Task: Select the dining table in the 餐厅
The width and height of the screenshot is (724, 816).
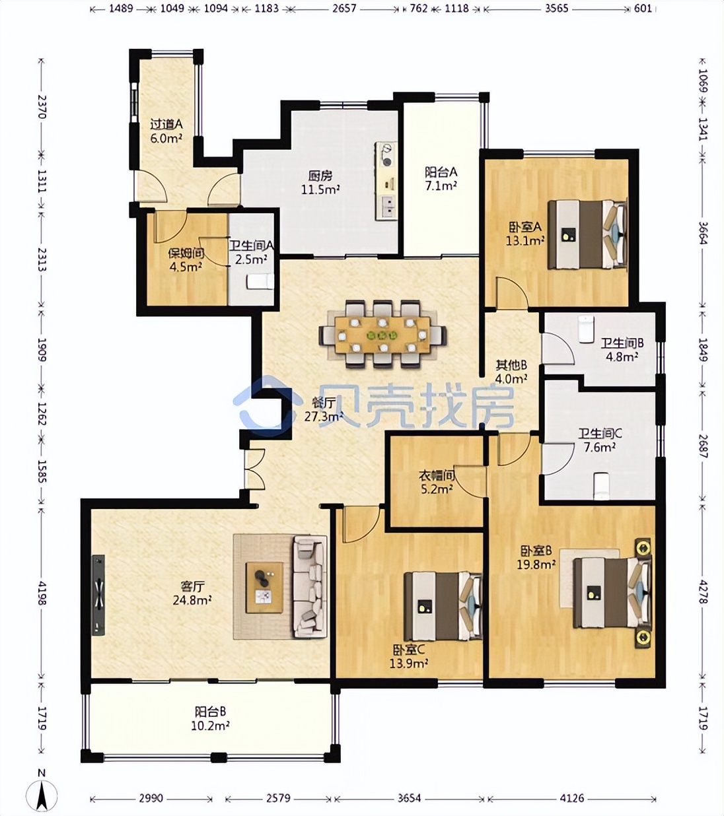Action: [382, 335]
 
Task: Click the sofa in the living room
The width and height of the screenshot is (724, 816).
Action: [310, 586]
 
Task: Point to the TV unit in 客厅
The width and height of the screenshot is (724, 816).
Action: [98, 595]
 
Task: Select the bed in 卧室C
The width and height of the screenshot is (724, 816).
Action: [443, 606]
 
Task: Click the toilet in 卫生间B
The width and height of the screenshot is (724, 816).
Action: [586, 328]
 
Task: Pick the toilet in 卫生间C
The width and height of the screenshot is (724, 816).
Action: [602, 486]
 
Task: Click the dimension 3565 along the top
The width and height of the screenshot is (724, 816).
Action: [557, 9]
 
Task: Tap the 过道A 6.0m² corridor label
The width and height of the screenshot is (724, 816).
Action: [166, 131]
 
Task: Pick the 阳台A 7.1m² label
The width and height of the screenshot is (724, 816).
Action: [441, 178]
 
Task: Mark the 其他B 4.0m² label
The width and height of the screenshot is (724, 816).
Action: [511, 372]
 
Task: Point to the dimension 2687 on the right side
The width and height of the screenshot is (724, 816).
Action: [703, 446]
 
